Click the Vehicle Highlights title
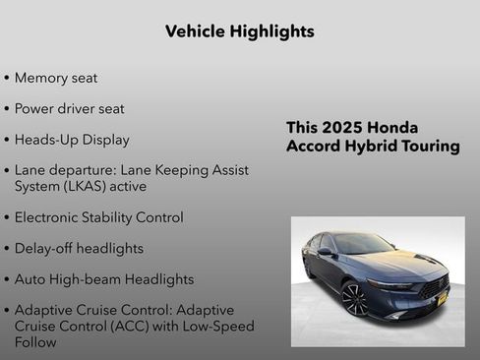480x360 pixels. click(239, 31)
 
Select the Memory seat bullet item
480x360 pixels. click(56, 78)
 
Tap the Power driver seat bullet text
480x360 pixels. click(69, 109)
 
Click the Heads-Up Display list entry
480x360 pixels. click(72, 140)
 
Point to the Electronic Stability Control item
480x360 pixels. click(98, 217)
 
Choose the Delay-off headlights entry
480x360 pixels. click(79, 248)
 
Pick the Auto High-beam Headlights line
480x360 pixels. click(104, 279)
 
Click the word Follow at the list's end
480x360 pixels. click(35, 342)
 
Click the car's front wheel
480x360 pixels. click(354, 298)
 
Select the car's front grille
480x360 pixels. click(433, 287)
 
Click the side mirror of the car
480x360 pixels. click(325, 252)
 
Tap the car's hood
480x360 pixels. click(398, 264)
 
